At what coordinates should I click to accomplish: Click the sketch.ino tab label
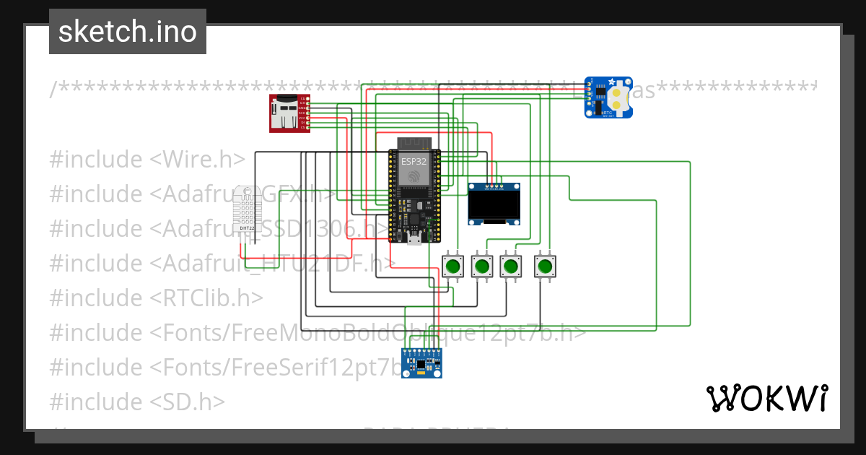128,32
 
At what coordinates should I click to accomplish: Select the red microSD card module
289,113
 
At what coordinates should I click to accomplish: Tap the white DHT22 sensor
247,208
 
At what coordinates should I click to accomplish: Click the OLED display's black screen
494,205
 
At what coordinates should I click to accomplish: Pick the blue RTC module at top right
608,97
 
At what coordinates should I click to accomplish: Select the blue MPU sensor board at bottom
421,363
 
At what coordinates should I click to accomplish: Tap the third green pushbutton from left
511,266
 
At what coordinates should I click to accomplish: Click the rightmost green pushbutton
545,266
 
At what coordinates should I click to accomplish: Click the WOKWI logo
766,398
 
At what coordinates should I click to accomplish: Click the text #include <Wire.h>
147,160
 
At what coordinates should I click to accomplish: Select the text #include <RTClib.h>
156,298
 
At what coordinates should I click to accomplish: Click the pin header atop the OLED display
494,187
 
